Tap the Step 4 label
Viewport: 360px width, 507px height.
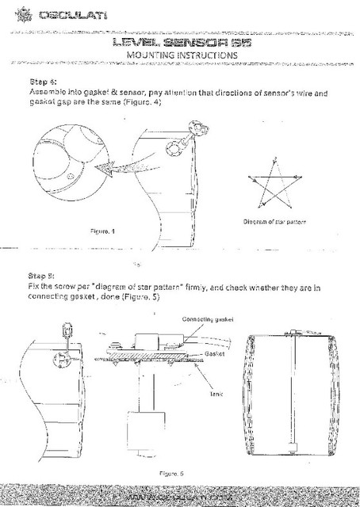(x=42, y=82)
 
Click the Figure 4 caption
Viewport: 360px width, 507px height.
(x=104, y=231)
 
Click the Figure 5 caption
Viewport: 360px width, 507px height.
(x=171, y=473)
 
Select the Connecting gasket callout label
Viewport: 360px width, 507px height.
(x=208, y=318)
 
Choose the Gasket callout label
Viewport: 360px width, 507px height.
(x=216, y=354)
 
